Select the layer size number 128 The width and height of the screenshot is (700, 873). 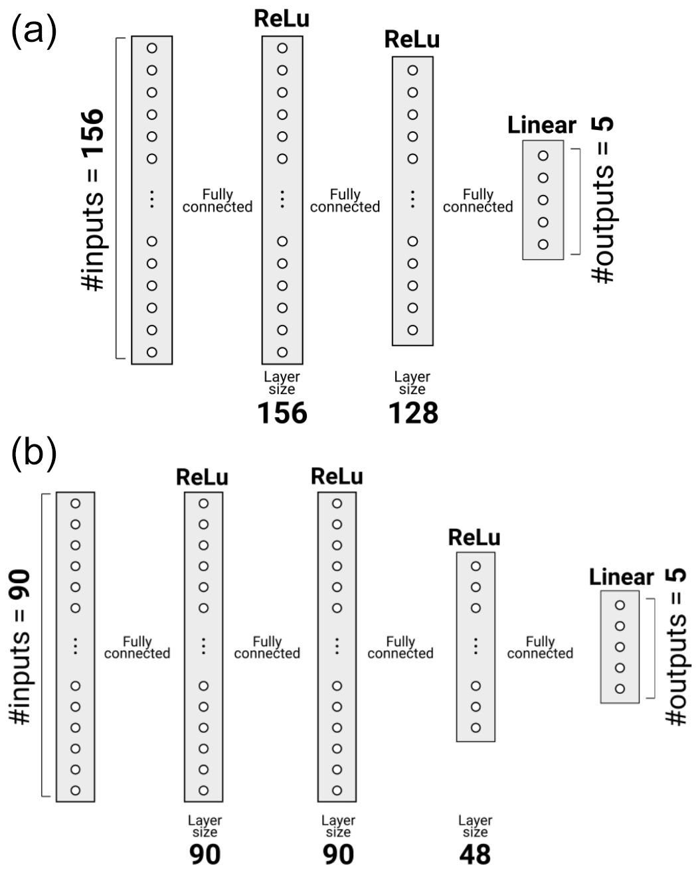(412, 413)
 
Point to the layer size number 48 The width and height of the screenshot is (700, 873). (475, 854)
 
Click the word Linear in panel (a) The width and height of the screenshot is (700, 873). (541, 125)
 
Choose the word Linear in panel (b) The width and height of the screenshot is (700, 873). (621, 577)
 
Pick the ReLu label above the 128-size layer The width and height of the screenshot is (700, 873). (412, 40)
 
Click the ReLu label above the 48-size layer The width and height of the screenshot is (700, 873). (474, 537)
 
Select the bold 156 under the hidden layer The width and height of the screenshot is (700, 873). (282, 413)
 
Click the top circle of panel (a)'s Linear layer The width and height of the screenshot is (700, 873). (543, 155)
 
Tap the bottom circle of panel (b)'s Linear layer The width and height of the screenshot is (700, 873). (620, 689)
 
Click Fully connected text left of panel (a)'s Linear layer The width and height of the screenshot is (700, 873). (478, 200)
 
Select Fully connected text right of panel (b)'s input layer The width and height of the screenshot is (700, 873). (137, 647)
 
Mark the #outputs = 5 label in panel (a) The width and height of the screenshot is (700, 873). (603, 200)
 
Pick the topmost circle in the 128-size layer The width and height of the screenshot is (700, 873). (412, 70)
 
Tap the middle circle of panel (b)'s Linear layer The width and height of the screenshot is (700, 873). (620, 647)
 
